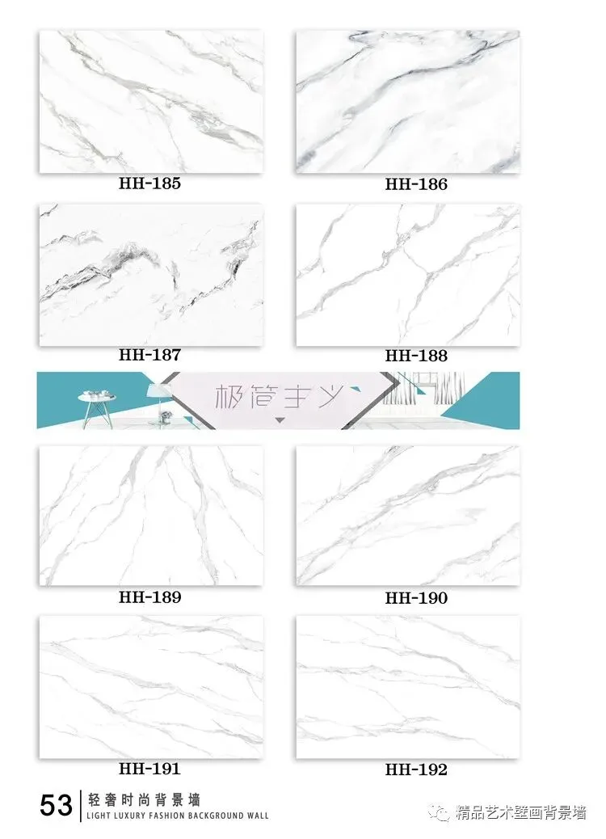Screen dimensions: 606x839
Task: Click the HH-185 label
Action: pos(149,183)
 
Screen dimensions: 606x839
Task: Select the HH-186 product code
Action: pos(416,184)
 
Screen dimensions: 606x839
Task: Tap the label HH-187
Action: pos(149,355)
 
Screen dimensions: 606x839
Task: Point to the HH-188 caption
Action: pos(416,356)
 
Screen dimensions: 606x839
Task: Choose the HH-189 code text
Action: pos(149,597)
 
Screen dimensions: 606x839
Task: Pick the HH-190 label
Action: pos(416,597)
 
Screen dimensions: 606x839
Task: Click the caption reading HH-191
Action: pos(149,769)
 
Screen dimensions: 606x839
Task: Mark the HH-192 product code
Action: pos(416,769)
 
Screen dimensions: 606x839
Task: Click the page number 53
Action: pos(56,805)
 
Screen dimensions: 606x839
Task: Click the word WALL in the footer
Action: pos(258,816)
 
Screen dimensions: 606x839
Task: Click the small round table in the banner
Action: pos(97,406)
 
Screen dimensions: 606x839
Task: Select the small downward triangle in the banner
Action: pos(280,420)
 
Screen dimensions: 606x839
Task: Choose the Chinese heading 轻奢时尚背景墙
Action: pos(144,800)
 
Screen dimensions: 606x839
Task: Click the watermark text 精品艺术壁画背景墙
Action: pos(521,813)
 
